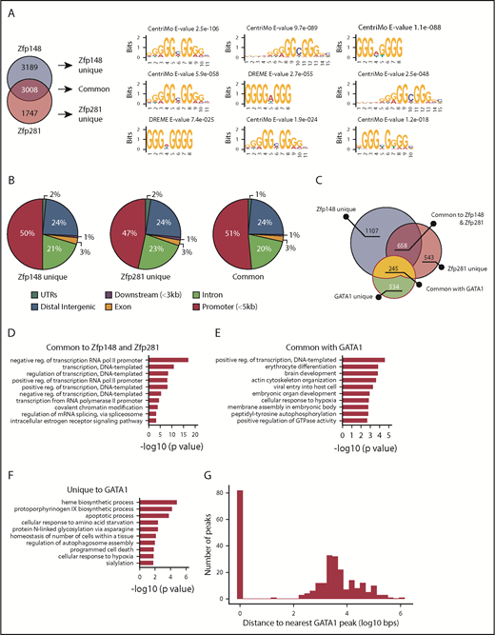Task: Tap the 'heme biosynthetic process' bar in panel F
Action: tap(156, 502)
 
